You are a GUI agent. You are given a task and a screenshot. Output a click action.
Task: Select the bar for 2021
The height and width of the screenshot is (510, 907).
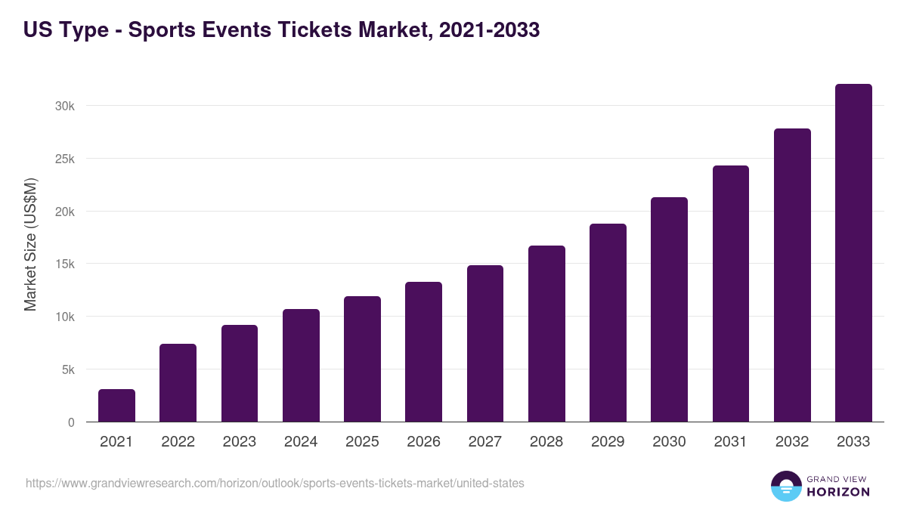(116, 406)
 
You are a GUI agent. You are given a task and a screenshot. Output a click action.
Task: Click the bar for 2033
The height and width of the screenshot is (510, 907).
(853, 253)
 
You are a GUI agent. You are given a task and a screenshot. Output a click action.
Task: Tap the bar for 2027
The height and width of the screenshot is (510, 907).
(485, 344)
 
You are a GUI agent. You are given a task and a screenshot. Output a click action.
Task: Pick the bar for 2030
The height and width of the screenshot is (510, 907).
(669, 310)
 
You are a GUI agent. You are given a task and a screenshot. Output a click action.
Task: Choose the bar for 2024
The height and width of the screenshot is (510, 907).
(301, 366)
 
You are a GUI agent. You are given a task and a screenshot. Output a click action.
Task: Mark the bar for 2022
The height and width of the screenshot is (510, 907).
(178, 383)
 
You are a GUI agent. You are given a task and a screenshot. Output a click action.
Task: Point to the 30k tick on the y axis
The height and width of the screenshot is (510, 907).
(65, 107)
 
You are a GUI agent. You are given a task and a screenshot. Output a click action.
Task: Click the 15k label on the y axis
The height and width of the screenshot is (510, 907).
(65, 264)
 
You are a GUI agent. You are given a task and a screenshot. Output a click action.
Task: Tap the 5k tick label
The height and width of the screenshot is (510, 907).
(67, 370)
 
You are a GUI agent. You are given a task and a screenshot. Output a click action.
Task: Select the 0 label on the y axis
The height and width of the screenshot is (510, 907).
(71, 423)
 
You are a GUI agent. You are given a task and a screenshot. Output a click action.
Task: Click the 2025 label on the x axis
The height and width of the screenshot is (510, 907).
(362, 442)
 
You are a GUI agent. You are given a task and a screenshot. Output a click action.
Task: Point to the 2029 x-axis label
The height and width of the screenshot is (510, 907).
(608, 442)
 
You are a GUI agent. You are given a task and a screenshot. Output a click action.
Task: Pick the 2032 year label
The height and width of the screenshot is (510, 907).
(792, 442)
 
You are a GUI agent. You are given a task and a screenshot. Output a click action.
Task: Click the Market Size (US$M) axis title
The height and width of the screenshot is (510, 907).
(30, 245)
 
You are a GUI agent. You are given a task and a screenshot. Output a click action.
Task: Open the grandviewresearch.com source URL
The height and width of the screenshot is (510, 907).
(274, 483)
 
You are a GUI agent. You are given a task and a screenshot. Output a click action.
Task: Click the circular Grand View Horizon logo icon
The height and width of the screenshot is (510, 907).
(785, 486)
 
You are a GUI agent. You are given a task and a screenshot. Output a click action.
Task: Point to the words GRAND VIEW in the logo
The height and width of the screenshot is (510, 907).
(838, 478)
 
